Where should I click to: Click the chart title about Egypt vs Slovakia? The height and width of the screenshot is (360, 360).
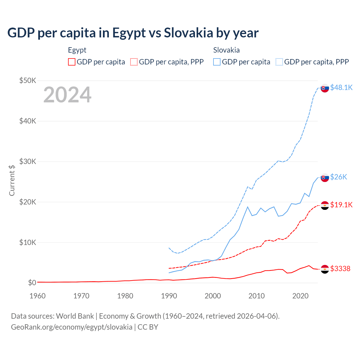click(133, 33)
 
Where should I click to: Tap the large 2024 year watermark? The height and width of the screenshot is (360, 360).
click(67, 95)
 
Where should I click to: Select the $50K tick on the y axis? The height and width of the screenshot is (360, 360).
click(28, 81)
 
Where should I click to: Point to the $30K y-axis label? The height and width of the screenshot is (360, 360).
click(28, 161)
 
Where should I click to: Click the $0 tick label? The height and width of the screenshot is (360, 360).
click(32, 283)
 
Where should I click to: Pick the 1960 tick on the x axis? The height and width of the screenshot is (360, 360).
click(37, 296)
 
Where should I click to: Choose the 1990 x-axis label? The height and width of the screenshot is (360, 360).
click(169, 296)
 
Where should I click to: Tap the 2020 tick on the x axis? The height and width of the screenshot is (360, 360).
click(300, 296)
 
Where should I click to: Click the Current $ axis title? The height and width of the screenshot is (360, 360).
click(12, 180)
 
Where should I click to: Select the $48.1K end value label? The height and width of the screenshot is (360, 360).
click(341, 88)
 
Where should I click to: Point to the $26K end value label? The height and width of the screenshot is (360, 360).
click(339, 177)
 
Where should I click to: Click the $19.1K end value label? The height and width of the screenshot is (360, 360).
click(341, 205)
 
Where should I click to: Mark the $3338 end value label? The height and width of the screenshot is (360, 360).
click(340, 269)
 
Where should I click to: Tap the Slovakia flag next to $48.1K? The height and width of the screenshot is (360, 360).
click(325, 88)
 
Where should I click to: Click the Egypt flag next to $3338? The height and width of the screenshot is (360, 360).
click(325, 269)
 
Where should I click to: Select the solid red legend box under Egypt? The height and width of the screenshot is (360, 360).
click(72, 62)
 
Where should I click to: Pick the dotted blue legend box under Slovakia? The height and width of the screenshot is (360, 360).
click(279, 62)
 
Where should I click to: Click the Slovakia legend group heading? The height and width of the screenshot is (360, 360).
click(226, 50)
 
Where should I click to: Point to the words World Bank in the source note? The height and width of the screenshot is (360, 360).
click(75, 316)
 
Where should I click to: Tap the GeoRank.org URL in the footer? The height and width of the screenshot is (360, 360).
click(71, 327)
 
